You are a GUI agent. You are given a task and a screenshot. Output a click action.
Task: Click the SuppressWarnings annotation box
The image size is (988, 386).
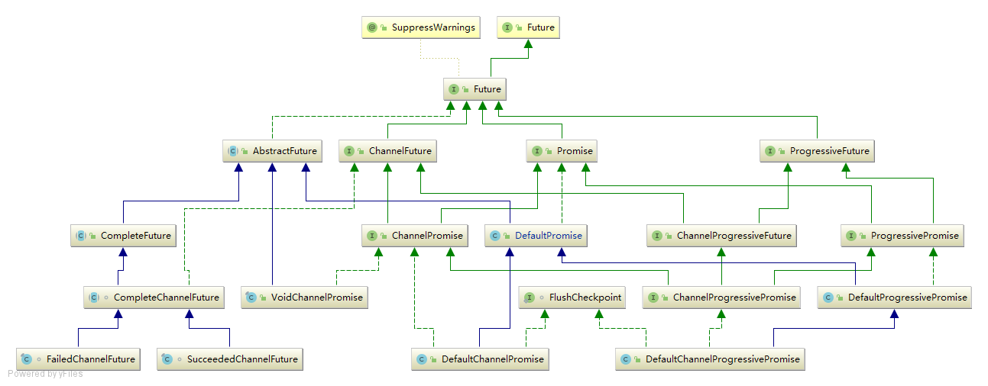pos(421,27)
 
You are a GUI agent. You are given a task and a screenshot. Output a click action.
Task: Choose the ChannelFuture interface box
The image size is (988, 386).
pos(388,151)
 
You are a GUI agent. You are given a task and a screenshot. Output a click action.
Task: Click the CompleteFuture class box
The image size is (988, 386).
pos(124,236)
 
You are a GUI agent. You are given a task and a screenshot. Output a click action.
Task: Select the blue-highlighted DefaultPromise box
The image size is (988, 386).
pos(537,236)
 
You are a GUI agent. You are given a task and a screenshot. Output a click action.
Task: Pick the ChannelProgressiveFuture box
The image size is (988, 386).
pos(721,236)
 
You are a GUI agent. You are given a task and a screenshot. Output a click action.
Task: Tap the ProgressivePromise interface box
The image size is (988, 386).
pos(902,236)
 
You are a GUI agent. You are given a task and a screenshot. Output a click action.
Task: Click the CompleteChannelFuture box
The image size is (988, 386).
pos(154,298)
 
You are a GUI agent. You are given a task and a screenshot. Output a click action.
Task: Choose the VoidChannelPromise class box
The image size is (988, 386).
pos(304,298)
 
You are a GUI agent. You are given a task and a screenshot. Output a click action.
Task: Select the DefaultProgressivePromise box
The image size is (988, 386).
pos(895,298)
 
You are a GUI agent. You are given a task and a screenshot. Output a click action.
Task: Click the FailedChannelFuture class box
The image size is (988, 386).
pos(79,359)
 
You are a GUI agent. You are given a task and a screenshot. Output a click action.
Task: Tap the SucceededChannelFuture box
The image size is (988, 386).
pos(229,359)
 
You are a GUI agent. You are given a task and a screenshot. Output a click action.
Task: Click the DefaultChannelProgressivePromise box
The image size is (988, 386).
pos(711,359)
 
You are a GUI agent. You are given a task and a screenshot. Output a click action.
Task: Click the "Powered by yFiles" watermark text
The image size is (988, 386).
pos(46,374)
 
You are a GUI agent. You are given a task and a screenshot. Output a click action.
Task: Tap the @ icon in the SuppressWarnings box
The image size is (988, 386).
pos(372,27)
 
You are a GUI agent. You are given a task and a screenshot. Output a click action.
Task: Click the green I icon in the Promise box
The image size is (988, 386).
pos(537,151)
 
